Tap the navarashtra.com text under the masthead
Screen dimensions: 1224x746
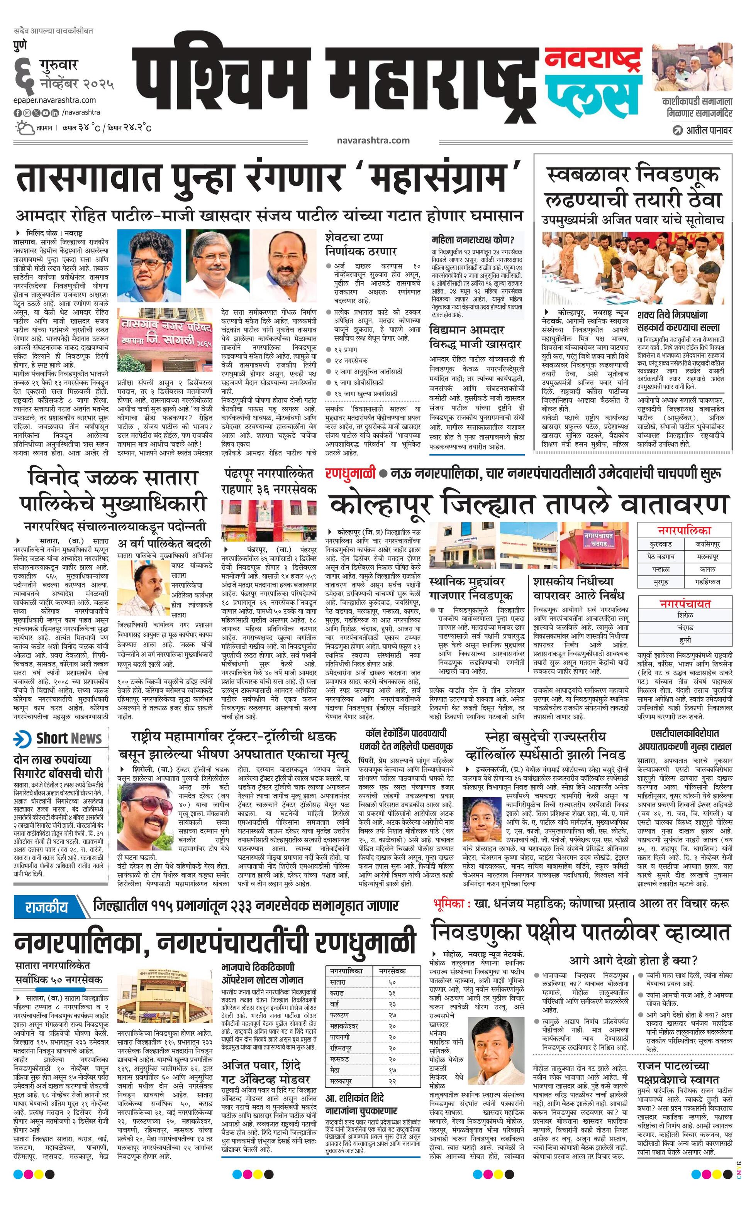[373, 140]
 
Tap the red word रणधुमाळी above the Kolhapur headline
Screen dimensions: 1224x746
[350, 474]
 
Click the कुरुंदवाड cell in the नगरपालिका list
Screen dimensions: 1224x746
[661, 544]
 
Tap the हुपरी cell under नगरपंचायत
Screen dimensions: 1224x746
[684, 640]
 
